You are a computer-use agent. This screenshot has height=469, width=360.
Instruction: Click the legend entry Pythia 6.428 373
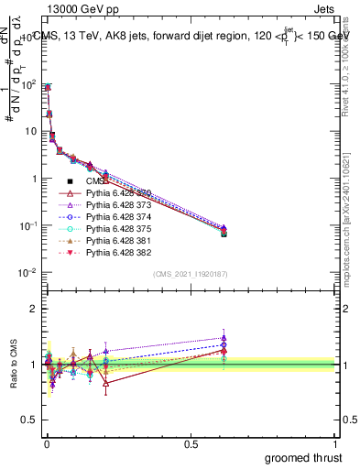(118, 206)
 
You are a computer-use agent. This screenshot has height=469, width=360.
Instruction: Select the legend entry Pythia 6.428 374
(118, 217)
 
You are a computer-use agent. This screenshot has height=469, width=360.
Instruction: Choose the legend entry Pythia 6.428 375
(118, 229)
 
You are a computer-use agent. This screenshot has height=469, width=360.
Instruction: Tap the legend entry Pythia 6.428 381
(118, 240)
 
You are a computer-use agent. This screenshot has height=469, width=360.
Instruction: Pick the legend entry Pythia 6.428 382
(118, 252)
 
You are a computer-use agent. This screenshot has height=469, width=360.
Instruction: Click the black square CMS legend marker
(70, 182)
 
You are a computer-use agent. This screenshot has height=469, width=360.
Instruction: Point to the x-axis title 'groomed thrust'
(304, 457)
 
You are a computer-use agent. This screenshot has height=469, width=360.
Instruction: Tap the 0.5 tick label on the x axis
(191, 442)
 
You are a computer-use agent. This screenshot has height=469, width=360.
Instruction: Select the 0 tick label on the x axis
(47, 442)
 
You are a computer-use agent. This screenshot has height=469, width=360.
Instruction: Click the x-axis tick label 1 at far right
(336, 442)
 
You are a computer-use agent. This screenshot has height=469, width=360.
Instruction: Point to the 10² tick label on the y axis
(27, 85)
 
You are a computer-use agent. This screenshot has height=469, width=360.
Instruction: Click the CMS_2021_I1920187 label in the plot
(191, 274)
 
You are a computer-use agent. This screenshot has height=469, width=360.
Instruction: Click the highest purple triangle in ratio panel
(224, 338)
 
